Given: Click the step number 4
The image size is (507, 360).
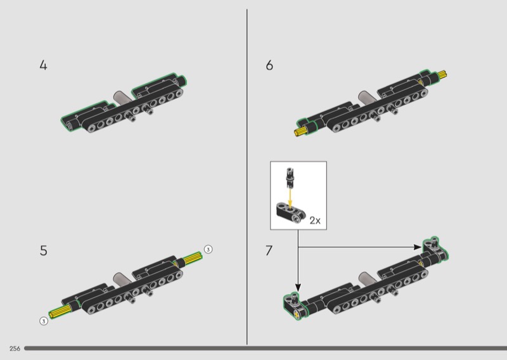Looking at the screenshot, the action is (43, 65).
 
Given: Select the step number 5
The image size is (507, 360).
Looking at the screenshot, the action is (43, 251).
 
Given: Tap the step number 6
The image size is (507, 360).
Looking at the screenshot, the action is (269, 65).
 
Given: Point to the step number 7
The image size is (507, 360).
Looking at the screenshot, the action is (269, 251).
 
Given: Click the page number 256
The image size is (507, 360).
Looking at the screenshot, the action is (15, 349).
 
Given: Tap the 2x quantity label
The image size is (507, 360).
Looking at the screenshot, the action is (315, 221).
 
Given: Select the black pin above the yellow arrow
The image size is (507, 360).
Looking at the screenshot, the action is (290, 177).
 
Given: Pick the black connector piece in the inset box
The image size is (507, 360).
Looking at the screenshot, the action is (291, 213).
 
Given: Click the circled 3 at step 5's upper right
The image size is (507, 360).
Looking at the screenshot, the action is (209, 249).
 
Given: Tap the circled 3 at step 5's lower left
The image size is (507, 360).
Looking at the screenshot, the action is (44, 321).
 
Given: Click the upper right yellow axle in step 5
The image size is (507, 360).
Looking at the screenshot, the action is (193, 258).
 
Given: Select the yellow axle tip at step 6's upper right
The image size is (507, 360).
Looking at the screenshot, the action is (442, 75).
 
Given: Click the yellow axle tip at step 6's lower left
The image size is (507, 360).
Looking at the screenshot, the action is (300, 131).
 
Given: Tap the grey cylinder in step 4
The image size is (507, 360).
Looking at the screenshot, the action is (122, 98).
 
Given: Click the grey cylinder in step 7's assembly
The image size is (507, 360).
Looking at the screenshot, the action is (368, 279).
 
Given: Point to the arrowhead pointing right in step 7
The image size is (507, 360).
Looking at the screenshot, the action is (418, 247).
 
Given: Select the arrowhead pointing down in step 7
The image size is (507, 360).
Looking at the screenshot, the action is (298, 288).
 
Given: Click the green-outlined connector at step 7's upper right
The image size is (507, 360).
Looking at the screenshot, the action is (435, 248).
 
